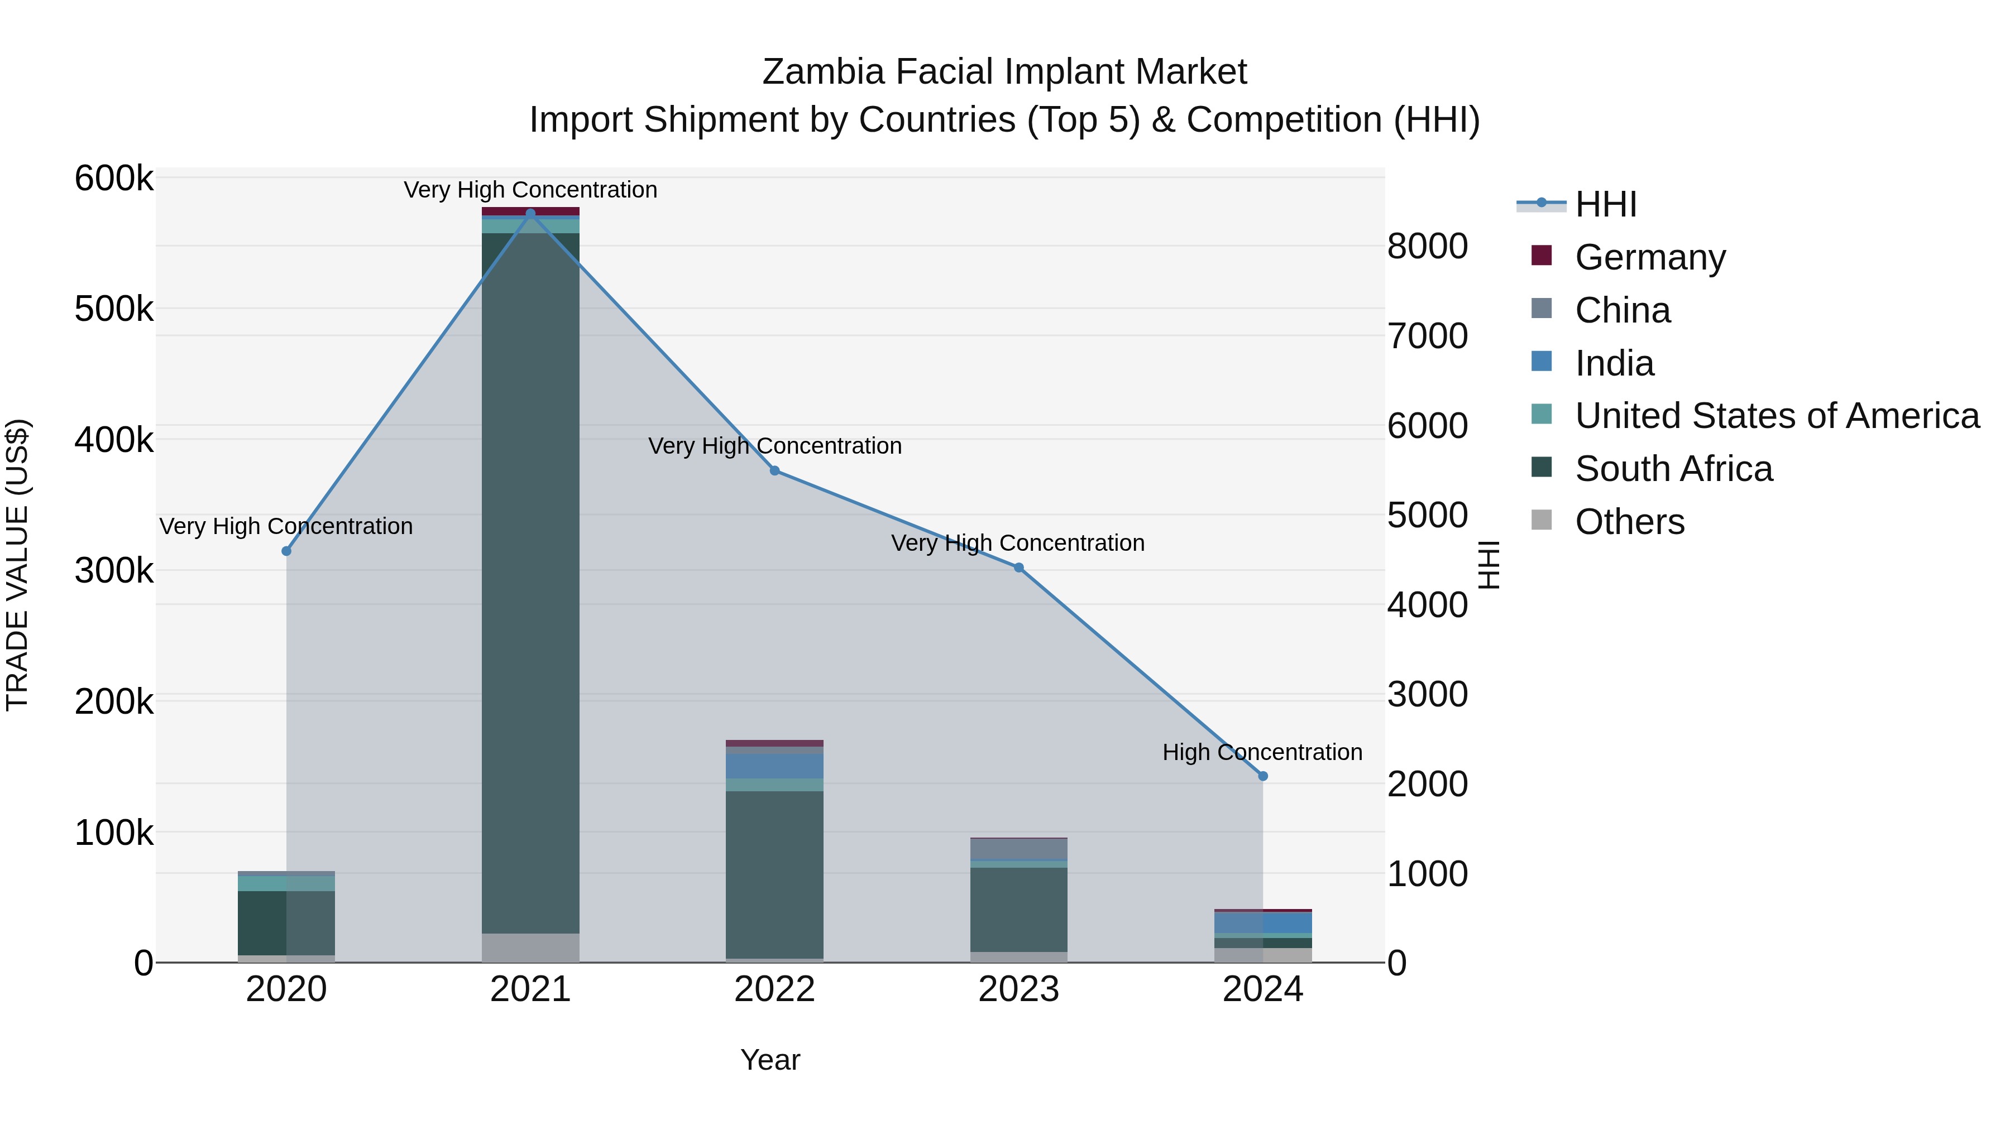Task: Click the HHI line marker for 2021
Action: click(530, 213)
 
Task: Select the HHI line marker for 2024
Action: click(1264, 776)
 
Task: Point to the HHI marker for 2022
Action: click(775, 471)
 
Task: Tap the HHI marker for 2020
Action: click(286, 551)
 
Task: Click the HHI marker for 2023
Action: click(1019, 568)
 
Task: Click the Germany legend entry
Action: click(1649, 257)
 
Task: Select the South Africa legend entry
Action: click(1673, 469)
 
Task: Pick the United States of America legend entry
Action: click(1777, 416)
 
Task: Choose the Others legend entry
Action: click(1629, 522)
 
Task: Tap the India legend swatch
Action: click(1542, 362)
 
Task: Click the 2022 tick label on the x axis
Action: click(775, 989)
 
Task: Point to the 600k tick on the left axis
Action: click(114, 179)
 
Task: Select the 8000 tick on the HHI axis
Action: click(1427, 247)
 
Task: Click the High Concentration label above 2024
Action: click(1262, 753)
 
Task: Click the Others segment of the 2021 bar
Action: click(530, 948)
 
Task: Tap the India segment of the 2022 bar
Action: click(775, 766)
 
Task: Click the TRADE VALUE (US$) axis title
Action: click(17, 565)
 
